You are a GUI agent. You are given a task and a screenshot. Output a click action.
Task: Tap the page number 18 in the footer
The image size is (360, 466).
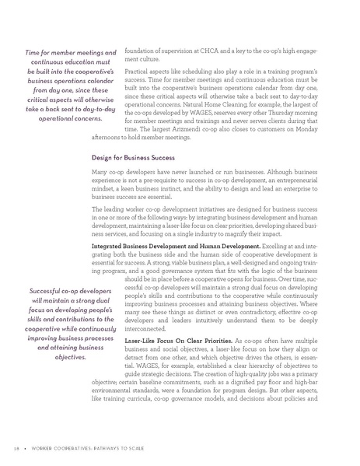[x=16, y=450]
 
